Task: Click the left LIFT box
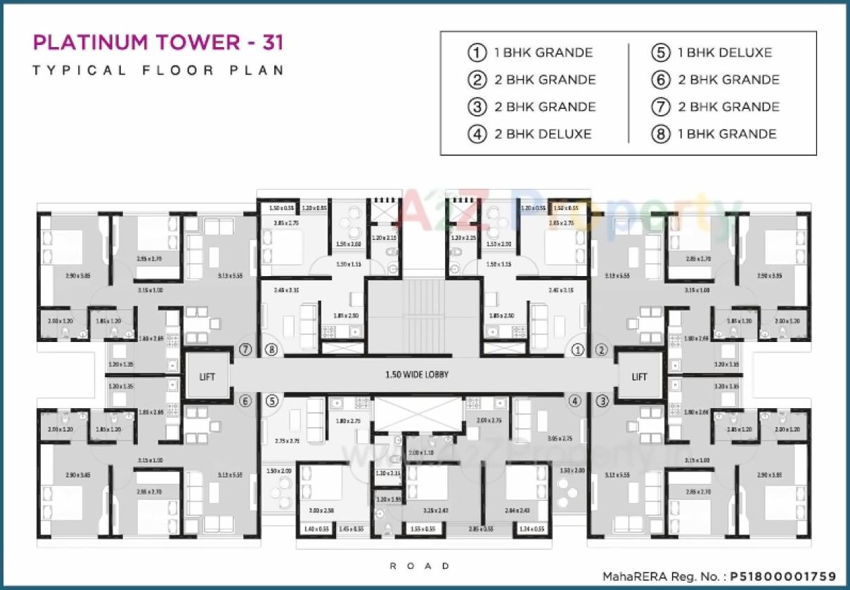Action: point(207,376)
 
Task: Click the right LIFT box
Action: point(639,376)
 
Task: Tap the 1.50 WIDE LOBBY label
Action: point(416,375)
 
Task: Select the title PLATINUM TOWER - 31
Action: point(158,43)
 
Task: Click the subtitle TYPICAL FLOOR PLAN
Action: point(158,70)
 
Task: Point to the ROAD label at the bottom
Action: point(420,565)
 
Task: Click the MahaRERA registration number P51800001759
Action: point(773,575)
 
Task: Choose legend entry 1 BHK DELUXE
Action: point(724,53)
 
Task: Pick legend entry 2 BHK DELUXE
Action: point(542,134)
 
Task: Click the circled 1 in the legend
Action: point(477,53)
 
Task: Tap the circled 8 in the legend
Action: point(660,134)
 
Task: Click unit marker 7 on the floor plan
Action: point(245,349)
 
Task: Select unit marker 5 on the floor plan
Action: point(273,401)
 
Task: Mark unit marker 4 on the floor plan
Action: point(576,401)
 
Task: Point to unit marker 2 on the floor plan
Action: point(602,349)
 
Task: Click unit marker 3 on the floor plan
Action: point(602,401)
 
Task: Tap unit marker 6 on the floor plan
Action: point(245,401)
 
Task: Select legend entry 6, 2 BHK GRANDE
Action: point(728,80)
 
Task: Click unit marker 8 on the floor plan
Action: point(273,349)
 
